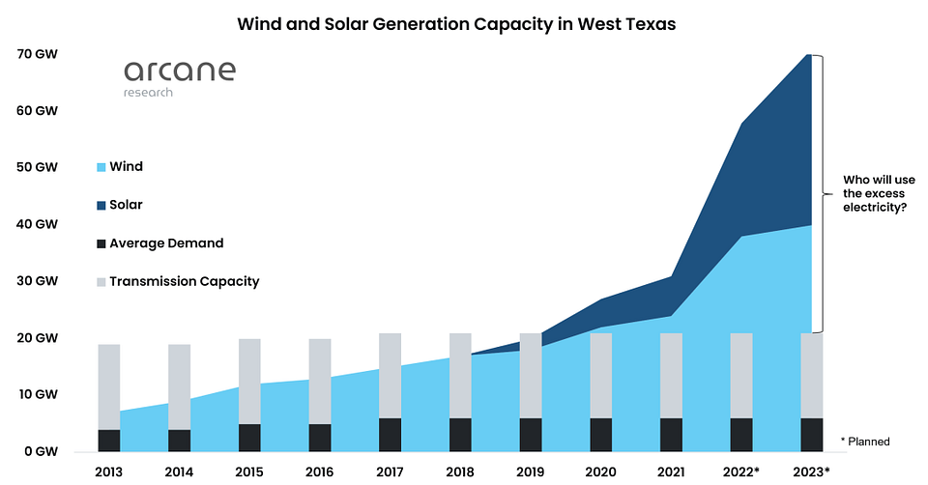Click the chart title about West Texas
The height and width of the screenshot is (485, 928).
point(456,24)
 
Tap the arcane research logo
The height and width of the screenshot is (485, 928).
point(180,78)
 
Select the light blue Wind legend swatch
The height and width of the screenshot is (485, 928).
point(101,167)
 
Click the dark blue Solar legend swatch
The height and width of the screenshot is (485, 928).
point(101,206)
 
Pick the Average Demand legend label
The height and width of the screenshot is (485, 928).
point(166,243)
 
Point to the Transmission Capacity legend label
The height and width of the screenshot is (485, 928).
point(184,281)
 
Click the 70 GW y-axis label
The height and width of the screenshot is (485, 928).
point(38,54)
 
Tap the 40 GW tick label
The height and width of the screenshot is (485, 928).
point(38,224)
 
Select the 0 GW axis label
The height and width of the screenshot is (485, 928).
point(42,451)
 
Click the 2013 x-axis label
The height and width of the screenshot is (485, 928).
point(109,472)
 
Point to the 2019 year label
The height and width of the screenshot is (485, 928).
point(531,472)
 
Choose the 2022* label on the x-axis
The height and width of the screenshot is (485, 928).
point(741,472)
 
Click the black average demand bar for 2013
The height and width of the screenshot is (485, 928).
point(109,441)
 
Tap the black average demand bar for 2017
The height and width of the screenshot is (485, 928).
point(390,436)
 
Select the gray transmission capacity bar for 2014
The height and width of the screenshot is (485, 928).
point(180,387)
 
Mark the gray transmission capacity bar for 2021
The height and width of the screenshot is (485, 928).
point(671,376)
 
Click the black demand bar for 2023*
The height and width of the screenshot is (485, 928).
point(811,436)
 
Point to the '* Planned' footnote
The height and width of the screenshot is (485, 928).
point(865,442)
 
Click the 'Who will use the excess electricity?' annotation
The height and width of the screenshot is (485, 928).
point(879,193)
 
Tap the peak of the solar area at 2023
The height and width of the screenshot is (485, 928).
point(808,55)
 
